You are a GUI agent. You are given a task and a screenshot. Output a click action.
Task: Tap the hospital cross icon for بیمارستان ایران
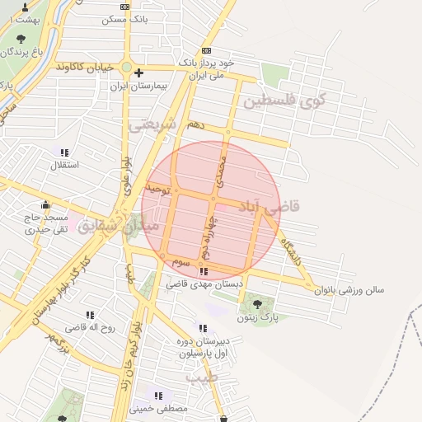(138, 73)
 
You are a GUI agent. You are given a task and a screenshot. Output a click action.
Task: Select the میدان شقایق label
(107, 223)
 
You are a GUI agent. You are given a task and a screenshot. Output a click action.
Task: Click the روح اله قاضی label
(88, 327)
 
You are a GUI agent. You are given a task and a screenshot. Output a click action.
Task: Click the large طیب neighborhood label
(199, 378)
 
